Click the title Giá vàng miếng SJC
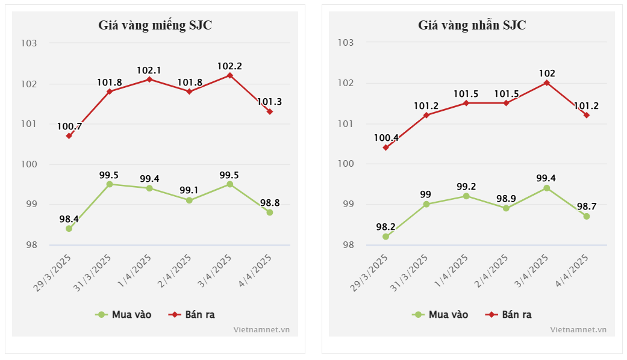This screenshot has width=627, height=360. [x=155, y=25]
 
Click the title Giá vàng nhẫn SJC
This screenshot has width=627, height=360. [x=472, y=25]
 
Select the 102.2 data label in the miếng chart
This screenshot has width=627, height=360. [x=230, y=66]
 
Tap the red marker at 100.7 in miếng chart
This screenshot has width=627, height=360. [x=69, y=136]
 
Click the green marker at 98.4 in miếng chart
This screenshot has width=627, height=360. [x=69, y=229]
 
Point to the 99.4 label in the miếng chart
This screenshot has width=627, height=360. [x=149, y=179]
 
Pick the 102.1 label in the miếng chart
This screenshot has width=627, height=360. [x=149, y=70]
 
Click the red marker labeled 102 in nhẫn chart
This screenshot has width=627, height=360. [x=547, y=83]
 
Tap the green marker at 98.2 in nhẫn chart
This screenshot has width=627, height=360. [x=386, y=237]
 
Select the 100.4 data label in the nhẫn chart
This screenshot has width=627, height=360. [x=386, y=138]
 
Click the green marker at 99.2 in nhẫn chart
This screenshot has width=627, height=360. [x=466, y=196]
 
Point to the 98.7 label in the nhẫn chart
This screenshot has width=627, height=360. [x=587, y=206]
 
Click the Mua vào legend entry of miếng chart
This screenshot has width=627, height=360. [x=124, y=314]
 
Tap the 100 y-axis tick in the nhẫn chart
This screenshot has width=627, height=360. [x=345, y=164]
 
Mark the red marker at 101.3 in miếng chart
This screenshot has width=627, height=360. [x=270, y=112]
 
